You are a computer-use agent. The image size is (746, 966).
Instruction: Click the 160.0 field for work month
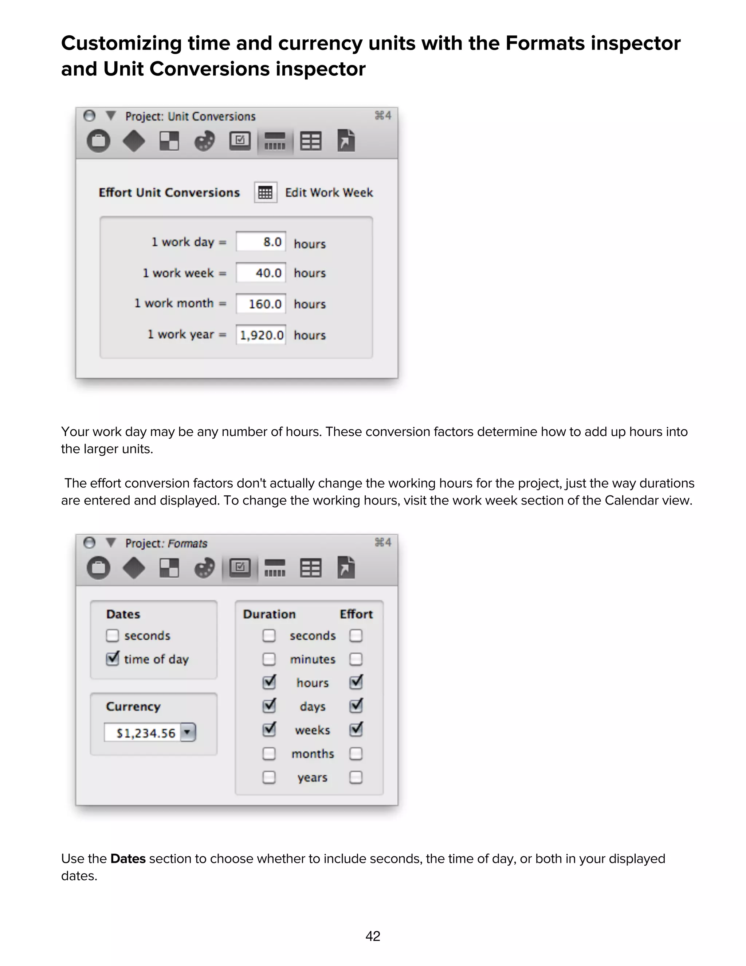(261, 304)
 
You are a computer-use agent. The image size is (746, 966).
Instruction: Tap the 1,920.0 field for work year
(261, 335)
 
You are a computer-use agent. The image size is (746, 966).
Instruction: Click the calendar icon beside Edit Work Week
(265, 192)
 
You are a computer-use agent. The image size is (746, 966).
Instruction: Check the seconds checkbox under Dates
(112, 636)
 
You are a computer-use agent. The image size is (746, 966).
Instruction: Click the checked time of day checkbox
(112, 659)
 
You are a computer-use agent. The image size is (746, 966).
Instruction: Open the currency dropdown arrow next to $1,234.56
(188, 732)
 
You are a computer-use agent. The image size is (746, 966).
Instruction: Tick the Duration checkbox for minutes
(269, 659)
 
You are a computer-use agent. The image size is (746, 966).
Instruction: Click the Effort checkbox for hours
(356, 682)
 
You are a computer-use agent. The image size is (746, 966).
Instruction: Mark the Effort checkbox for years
(356, 777)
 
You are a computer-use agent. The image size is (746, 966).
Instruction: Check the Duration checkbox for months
(269, 753)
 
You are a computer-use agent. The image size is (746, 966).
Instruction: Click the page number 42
(373, 936)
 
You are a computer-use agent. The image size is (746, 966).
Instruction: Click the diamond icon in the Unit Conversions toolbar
(133, 141)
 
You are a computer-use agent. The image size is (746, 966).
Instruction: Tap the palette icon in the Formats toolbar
(204, 568)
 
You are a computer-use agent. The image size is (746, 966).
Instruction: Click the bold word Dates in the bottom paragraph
(128, 859)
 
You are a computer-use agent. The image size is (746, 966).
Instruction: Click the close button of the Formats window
(90, 543)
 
